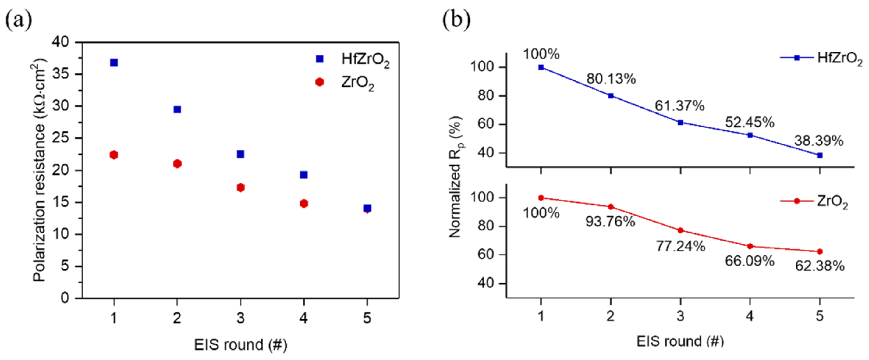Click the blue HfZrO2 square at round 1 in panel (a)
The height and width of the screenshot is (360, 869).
pyautogui.click(x=114, y=63)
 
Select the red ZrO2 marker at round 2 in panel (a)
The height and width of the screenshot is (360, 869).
pyautogui.click(x=177, y=164)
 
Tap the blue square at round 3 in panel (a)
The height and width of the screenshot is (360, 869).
pyautogui.click(x=240, y=154)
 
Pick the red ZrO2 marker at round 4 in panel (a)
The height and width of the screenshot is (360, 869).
pyautogui.click(x=303, y=203)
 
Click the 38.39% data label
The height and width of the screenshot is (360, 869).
pyautogui.click(x=819, y=141)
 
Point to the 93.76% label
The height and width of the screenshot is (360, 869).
pyautogui.click(x=610, y=222)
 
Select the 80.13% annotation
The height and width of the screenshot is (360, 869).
pyautogui.click(x=611, y=79)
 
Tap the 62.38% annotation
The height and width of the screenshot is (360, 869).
pyautogui.click(x=820, y=266)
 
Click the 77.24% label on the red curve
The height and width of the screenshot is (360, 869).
pyautogui.click(x=680, y=246)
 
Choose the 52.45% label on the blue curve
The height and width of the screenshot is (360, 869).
pyautogui.click(x=750, y=122)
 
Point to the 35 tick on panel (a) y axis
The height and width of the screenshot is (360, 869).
pyautogui.click(x=61, y=74)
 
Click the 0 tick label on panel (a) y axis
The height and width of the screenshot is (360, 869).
pyautogui.click(x=65, y=298)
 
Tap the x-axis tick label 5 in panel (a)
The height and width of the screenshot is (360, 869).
pyautogui.click(x=367, y=318)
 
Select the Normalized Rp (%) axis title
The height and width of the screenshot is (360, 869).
pyautogui.click(x=456, y=177)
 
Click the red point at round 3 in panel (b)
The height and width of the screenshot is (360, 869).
pyautogui.click(x=680, y=230)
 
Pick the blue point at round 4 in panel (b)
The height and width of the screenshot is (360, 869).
pyautogui.click(x=750, y=135)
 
